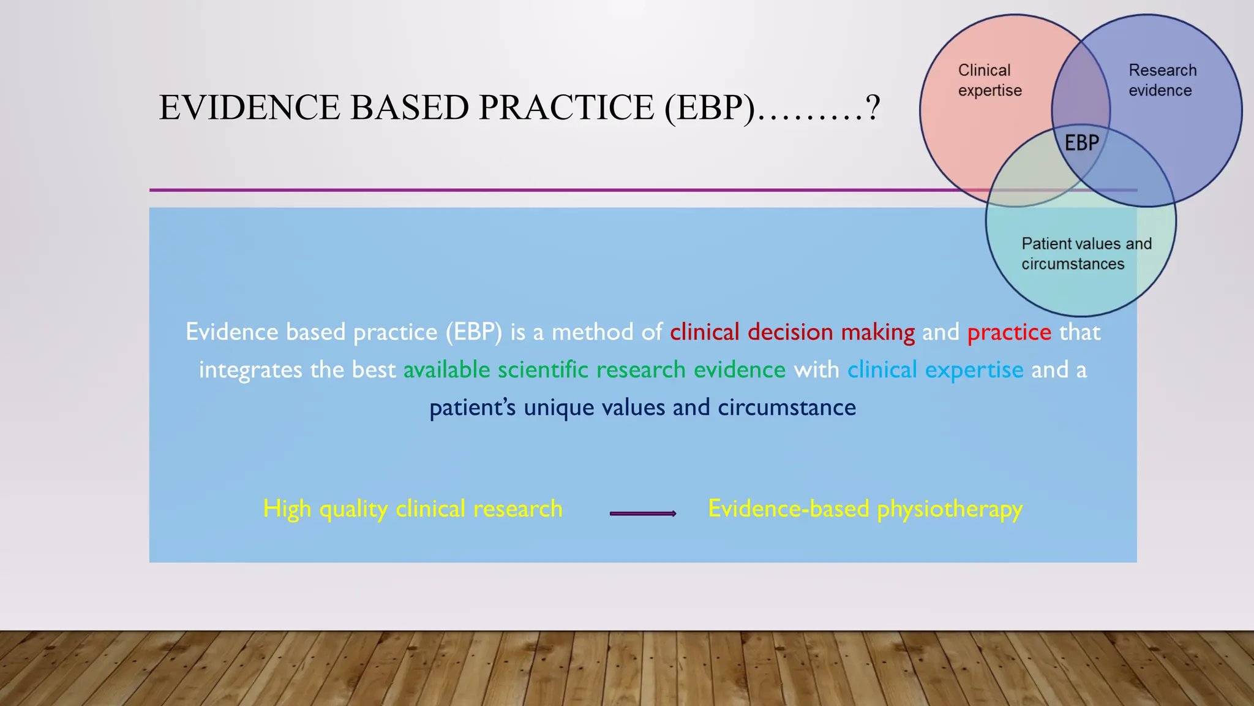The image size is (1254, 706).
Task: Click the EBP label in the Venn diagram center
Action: click(x=1082, y=143)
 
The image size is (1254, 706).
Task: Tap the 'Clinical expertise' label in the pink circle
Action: click(x=989, y=80)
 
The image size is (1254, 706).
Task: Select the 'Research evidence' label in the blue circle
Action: click(x=1162, y=80)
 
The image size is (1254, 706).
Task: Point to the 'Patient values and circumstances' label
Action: click(x=1086, y=254)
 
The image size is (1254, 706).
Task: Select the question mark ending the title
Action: click(x=873, y=108)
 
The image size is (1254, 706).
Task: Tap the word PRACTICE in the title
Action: click(x=566, y=108)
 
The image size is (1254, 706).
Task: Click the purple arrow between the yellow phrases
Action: click(x=643, y=514)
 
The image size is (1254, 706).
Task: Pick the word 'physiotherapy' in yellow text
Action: click(x=949, y=509)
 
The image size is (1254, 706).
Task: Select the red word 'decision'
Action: click(x=790, y=332)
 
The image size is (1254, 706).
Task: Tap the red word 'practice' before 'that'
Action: click(x=1009, y=332)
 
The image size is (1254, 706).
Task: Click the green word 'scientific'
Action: click(x=543, y=370)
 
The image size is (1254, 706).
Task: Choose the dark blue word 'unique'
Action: click(x=558, y=408)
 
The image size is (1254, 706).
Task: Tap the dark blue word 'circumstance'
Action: click(x=787, y=408)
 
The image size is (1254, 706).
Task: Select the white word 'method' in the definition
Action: click(x=592, y=332)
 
